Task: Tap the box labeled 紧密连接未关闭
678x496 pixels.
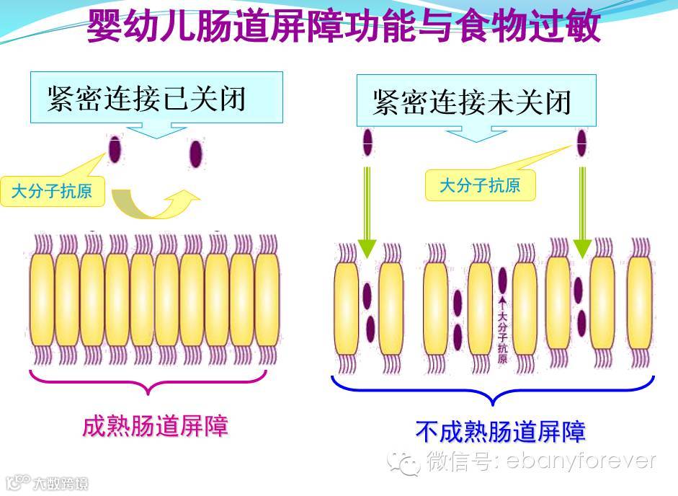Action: pyautogui.click(x=476, y=101)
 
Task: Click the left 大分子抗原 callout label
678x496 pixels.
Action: pyautogui.click(x=52, y=192)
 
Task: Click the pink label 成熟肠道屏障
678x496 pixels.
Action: pyautogui.click(x=155, y=426)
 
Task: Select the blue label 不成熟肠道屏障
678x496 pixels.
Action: pyautogui.click(x=500, y=431)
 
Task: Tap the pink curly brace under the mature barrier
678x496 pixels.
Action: pyautogui.click(x=148, y=382)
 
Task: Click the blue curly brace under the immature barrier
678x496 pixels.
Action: pyautogui.click(x=492, y=390)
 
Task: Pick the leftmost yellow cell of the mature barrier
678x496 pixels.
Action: pyautogui.click(x=42, y=298)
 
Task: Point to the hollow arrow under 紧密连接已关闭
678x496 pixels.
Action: pyautogui.click(x=156, y=129)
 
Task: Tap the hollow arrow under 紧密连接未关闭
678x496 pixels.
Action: pyautogui.click(x=476, y=134)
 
